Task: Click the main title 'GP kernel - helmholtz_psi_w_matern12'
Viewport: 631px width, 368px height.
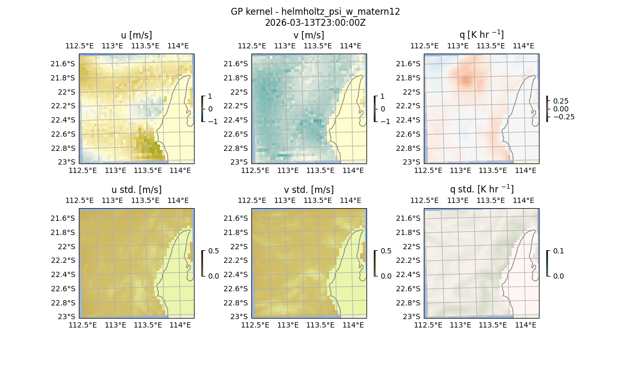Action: pyautogui.click(x=315, y=12)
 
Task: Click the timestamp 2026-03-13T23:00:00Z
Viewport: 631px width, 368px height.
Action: pyautogui.click(x=315, y=23)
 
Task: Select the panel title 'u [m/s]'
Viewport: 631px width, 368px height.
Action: pyautogui.click(x=136, y=35)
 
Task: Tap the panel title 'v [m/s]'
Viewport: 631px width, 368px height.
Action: pyautogui.click(x=309, y=35)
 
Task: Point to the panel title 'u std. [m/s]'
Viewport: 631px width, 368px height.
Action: pyautogui.click(x=136, y=190)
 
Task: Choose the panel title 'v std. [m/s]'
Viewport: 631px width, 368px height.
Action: pyautogui.click(x=309, y=190)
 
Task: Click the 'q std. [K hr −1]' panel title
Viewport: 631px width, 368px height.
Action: pyautogui.click(x=481, y=189)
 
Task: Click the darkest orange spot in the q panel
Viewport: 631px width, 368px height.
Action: pyautogui.click(x=466, y=81)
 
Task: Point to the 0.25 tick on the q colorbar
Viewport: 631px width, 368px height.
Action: pyautogui.click(x=561, y=101)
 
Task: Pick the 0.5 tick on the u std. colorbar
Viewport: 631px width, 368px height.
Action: pyautogui.click(x=213, y=251)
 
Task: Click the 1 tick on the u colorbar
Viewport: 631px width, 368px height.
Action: pyautogui.click(x=210, y=97)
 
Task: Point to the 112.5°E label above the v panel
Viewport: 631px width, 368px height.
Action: pyautogui.click(x=252, y=46)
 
